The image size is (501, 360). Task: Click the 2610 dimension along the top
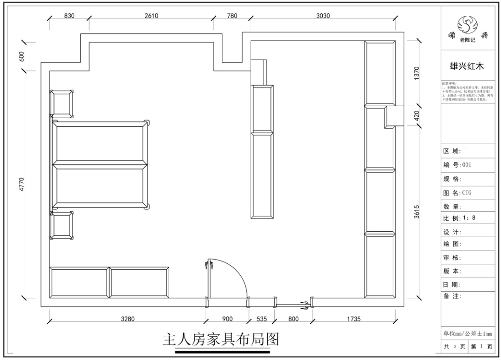[151, 15]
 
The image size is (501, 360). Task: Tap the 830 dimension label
[69, 15]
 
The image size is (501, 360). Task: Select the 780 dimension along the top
[232, 15]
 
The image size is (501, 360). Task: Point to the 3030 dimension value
[323, 15]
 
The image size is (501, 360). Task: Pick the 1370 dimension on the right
[417, 73]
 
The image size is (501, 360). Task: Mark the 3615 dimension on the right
[417, 213]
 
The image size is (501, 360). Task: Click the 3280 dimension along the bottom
[128, 319]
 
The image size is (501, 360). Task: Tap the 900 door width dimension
[227, 319]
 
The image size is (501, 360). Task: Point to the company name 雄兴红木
[468, 67]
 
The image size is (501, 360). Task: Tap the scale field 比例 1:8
[459, 218]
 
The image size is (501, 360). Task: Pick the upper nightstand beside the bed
[62, 104]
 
